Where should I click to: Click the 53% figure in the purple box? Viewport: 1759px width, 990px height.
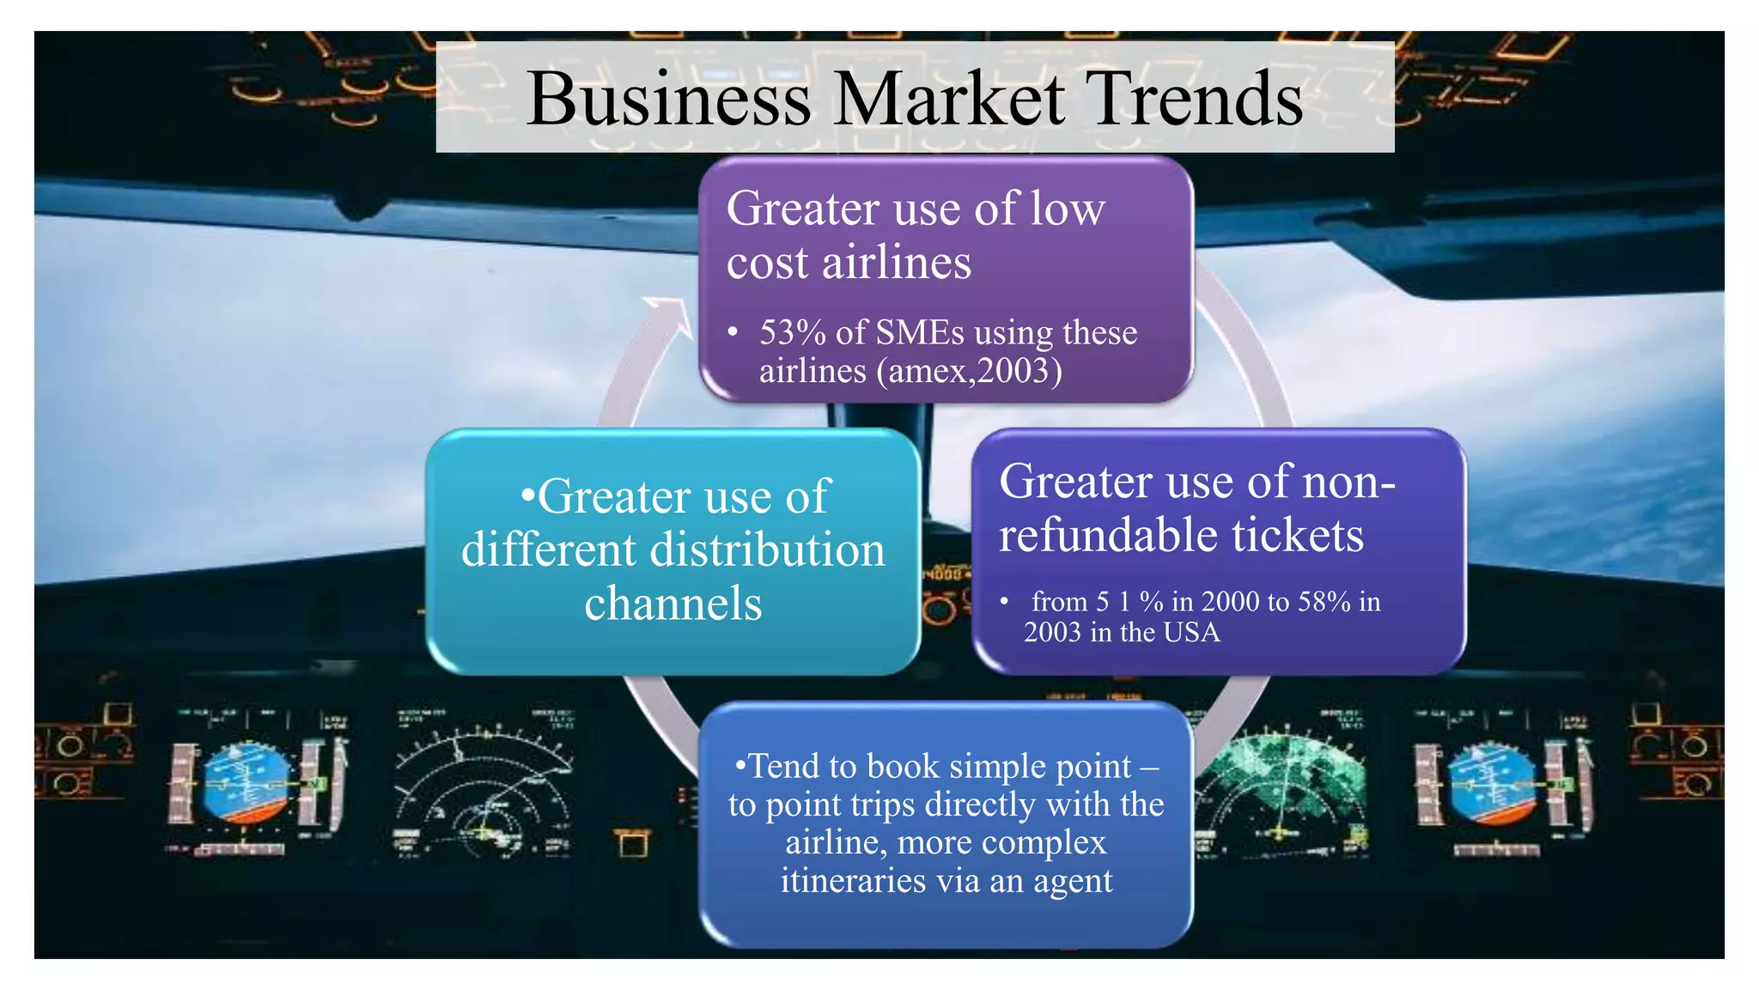point(792,332)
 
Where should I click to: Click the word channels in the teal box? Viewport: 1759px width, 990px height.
point(673,603)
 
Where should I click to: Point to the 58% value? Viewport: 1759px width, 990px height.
point(1324,601)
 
